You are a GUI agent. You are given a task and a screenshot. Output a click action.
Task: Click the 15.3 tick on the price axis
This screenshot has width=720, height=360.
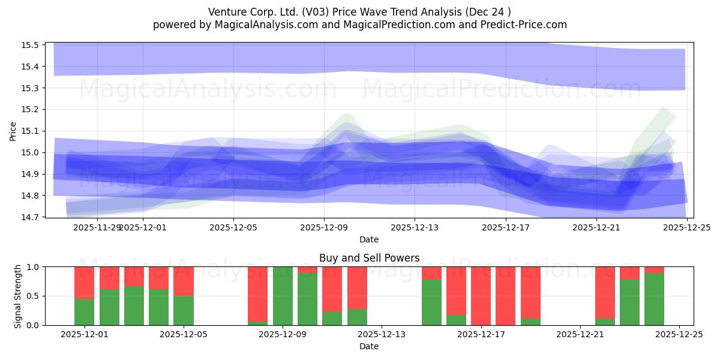pyautogui.click(x=30, y=88)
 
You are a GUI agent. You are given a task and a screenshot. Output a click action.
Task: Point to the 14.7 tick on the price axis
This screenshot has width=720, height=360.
pyautogui.click(x=30, y=217)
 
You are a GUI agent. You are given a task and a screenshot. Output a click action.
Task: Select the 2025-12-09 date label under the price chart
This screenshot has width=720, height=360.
pyautogui.click(x=324, y=227)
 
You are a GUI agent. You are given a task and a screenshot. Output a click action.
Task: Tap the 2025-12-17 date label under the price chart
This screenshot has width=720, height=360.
pyautogui.click(x=506, y=227)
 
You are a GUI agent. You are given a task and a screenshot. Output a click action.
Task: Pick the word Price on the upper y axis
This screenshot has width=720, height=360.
pyautogui.click(x=13, y=131)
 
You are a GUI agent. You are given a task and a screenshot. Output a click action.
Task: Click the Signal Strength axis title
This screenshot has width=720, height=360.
pyautogui.click(x=18, y=296)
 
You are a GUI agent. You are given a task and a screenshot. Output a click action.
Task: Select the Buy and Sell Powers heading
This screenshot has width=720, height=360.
pyautogui.click(x=368, y=258)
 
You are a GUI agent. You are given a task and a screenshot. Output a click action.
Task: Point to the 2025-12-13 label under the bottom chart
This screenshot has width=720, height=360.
pyautogui.click(x=382, y=335)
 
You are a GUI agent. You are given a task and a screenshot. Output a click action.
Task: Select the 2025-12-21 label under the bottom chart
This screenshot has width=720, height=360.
pyautogui.click(x=580, y=335)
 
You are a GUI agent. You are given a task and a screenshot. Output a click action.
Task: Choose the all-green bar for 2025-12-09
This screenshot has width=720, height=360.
pyautogui.click(x=283, y=296)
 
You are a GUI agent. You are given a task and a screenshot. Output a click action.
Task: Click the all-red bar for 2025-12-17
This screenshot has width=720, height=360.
pyautogui.click(x=481, y=296)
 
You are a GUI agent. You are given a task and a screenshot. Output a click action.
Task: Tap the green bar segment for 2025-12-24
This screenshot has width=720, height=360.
pyautogui.click(x=654, y=299)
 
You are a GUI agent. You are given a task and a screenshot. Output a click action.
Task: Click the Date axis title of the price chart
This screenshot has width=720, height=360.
pyautogui.click(x=368, y=239)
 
